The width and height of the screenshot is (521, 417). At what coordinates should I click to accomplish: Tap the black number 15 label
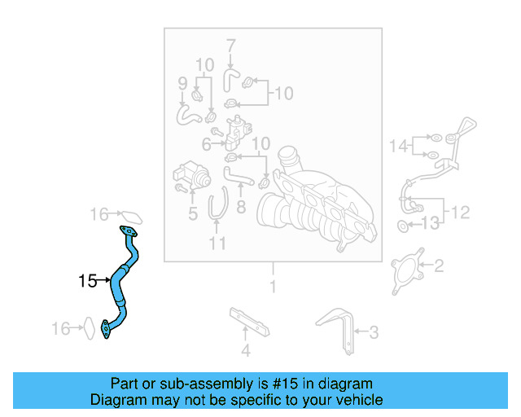tap(88, 282)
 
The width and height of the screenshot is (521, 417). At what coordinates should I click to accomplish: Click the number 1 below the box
tap(273, 287)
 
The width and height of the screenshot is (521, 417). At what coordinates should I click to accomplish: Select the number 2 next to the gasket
tap(438, 266)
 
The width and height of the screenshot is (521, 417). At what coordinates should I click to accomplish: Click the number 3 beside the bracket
tap(374, 331)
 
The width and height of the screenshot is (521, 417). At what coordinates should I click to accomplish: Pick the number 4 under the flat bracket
tap(245, 352)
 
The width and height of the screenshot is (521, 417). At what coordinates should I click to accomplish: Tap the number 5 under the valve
tap(193, 215)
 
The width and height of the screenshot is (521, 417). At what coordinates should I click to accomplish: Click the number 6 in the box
tap(207, 144)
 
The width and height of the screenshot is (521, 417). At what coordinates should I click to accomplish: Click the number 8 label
tap(241, 208)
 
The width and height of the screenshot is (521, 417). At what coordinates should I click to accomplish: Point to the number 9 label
tap(182, 82)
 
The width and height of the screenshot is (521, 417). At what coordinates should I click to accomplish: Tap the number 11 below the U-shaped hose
tap(217, 243)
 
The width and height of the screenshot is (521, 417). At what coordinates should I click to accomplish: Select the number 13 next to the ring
tap(430, 223)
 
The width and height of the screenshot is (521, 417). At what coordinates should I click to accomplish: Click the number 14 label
tap(399, 146)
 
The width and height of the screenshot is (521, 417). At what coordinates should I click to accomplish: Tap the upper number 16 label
tap(99, 215)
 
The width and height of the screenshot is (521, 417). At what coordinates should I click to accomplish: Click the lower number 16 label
tap(61, 328)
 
